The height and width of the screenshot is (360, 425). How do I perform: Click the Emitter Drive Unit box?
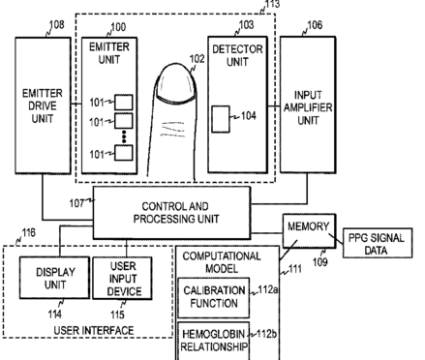[43, 105]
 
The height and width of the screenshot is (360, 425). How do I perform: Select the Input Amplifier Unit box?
[308, 105]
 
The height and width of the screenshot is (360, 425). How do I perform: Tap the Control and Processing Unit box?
[171, 213]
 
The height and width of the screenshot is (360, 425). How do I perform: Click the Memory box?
[309, 230]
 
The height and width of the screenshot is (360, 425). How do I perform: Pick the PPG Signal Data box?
[378, 243]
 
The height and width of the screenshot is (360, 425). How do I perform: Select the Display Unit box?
[54, 278]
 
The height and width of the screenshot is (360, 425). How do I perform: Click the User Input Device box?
[122, 278]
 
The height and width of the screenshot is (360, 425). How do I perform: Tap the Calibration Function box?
[214, 297]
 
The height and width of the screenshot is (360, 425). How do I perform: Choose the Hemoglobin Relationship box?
[214, 341]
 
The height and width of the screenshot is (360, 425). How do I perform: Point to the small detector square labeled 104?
[221, 119]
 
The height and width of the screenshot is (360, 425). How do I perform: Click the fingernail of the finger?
[176, 84]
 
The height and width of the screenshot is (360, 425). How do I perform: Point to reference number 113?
[273, 4]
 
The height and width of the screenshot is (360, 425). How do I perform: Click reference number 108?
[56, 25]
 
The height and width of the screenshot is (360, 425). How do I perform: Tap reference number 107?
[76, 203]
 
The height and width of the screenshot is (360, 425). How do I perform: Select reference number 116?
[28, 232]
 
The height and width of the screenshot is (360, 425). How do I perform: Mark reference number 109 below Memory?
[320, 262]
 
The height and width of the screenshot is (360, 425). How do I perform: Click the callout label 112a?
[268, 289]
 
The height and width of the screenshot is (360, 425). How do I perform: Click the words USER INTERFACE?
[94, 330]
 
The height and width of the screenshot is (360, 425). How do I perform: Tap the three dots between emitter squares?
[124, 136]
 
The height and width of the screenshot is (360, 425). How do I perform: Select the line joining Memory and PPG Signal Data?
[336, 239]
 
